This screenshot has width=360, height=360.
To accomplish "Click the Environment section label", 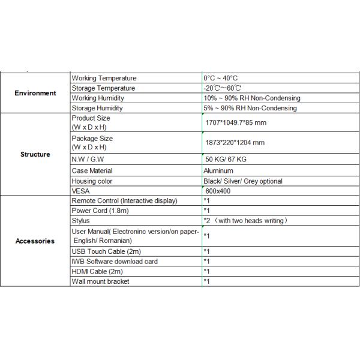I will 35,93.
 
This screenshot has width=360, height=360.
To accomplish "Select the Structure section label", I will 35,154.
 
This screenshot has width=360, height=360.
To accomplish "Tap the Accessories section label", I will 35,241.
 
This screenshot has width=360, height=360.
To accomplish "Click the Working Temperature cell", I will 104,79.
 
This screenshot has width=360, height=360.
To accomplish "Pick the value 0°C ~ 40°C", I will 221,79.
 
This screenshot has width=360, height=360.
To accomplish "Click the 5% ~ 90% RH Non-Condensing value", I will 250,108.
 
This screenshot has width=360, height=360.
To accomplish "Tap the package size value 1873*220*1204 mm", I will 235,143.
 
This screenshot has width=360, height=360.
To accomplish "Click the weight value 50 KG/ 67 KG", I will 226,160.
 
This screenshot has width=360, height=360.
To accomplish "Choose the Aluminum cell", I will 218,171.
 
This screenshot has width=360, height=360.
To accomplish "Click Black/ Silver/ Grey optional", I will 243,181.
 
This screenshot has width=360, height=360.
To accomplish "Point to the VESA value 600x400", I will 217,191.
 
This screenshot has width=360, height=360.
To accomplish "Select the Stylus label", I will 81,221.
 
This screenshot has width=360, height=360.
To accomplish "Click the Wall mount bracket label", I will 100,281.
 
